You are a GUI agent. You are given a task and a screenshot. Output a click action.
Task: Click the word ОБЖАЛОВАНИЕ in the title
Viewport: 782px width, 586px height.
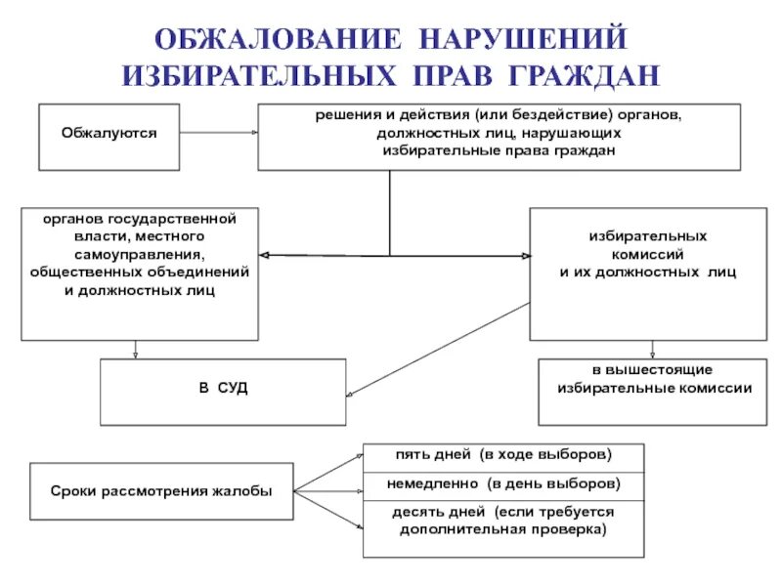point(277,40)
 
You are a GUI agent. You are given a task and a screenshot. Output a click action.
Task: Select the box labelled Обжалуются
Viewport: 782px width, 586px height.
point(109,132)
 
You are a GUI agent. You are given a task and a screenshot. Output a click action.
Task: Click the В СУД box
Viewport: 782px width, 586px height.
point(224,390)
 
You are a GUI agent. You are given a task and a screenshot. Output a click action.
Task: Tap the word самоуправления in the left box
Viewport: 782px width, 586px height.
point(140,254)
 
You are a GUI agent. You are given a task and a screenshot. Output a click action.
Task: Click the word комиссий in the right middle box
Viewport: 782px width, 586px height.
point(646,254)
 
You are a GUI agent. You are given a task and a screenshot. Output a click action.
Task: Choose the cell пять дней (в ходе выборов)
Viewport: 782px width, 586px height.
point(503,455)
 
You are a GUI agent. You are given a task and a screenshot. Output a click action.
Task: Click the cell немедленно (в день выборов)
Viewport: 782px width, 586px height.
point(503,484)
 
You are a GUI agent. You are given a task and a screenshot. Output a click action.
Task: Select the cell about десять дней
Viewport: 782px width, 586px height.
point(503,521)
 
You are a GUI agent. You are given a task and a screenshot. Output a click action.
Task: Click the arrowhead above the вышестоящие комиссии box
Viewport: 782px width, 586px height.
point(652,354)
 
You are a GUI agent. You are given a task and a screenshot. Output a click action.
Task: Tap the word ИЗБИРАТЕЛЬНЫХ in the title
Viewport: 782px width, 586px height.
point(257,75)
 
